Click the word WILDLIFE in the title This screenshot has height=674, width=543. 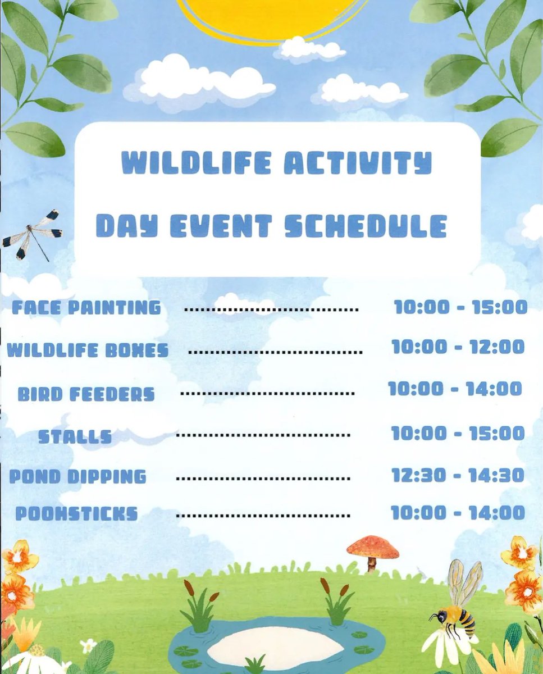pos(196,162)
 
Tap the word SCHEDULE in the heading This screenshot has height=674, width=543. pos(366,226)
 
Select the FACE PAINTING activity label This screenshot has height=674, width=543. pos(86,308)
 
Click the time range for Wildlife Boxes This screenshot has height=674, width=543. pos(458,347)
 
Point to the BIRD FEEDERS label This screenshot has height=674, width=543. pos(86,394)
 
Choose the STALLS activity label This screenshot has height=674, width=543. pos(75,436)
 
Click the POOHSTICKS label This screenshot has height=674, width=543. pos(77,513)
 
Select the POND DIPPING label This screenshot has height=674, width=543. pos(78,477)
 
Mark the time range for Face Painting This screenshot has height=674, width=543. pos(461,307)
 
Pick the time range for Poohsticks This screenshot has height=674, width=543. pos(458,513)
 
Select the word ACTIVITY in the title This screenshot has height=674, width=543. pos(358,162)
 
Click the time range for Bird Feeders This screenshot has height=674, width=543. pos(455,389)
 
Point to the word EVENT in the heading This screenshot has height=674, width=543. pos(221,226)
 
